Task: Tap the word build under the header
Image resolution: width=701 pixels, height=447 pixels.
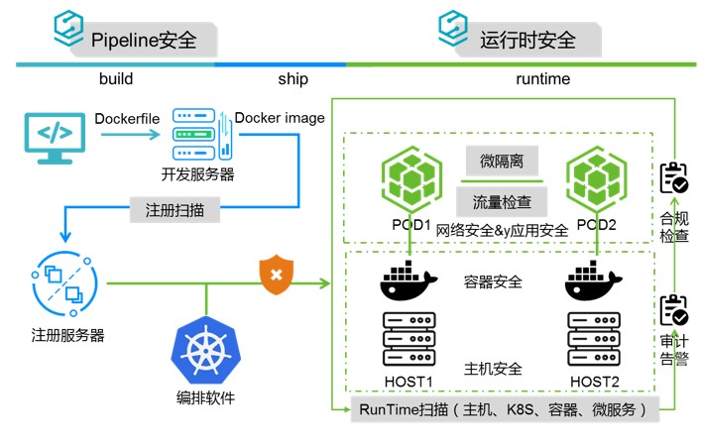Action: coord(116,79)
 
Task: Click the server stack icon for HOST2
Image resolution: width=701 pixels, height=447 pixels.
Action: coord(594,339)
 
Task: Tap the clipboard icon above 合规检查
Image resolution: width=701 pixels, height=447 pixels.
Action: coord(674,178)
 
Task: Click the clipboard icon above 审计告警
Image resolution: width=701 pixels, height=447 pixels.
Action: coord(674,310)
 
